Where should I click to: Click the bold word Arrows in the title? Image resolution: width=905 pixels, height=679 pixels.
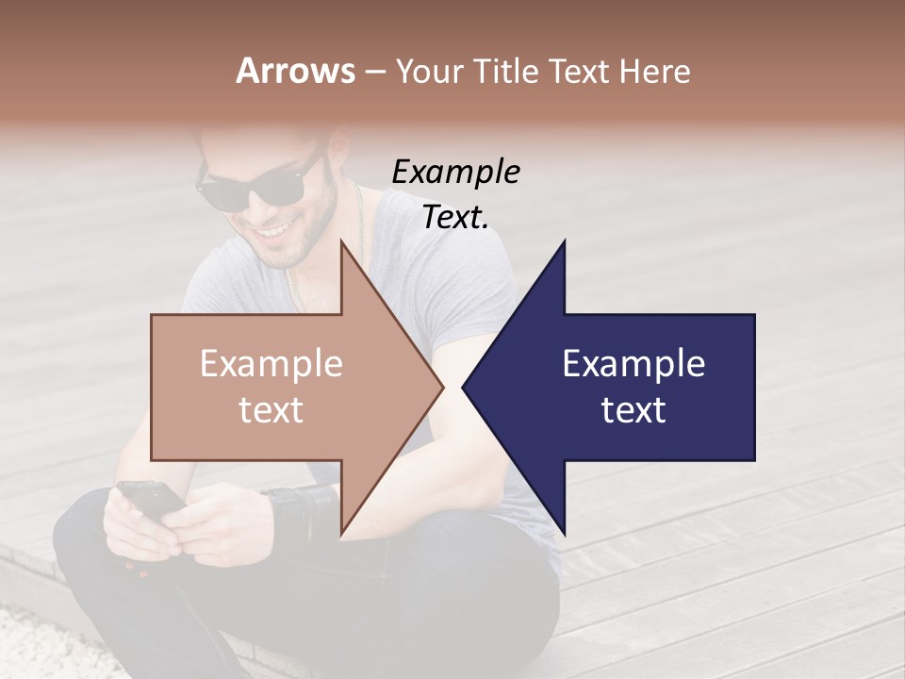(x=295, y=71)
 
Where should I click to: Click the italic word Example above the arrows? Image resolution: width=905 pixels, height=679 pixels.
(x=455, y=173)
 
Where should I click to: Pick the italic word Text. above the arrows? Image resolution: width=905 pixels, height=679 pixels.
(x=455, y=218)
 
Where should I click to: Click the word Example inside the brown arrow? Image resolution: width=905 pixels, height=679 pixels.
(x=271, y=364)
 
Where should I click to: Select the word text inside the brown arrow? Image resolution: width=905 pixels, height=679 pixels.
(x=271, y=410)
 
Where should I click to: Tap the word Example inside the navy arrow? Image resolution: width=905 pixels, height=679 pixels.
(x=633, y=364)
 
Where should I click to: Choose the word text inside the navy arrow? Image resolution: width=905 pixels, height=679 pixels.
(x=633, y=410)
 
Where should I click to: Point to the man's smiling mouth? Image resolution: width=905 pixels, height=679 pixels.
(x=275, y=229)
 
